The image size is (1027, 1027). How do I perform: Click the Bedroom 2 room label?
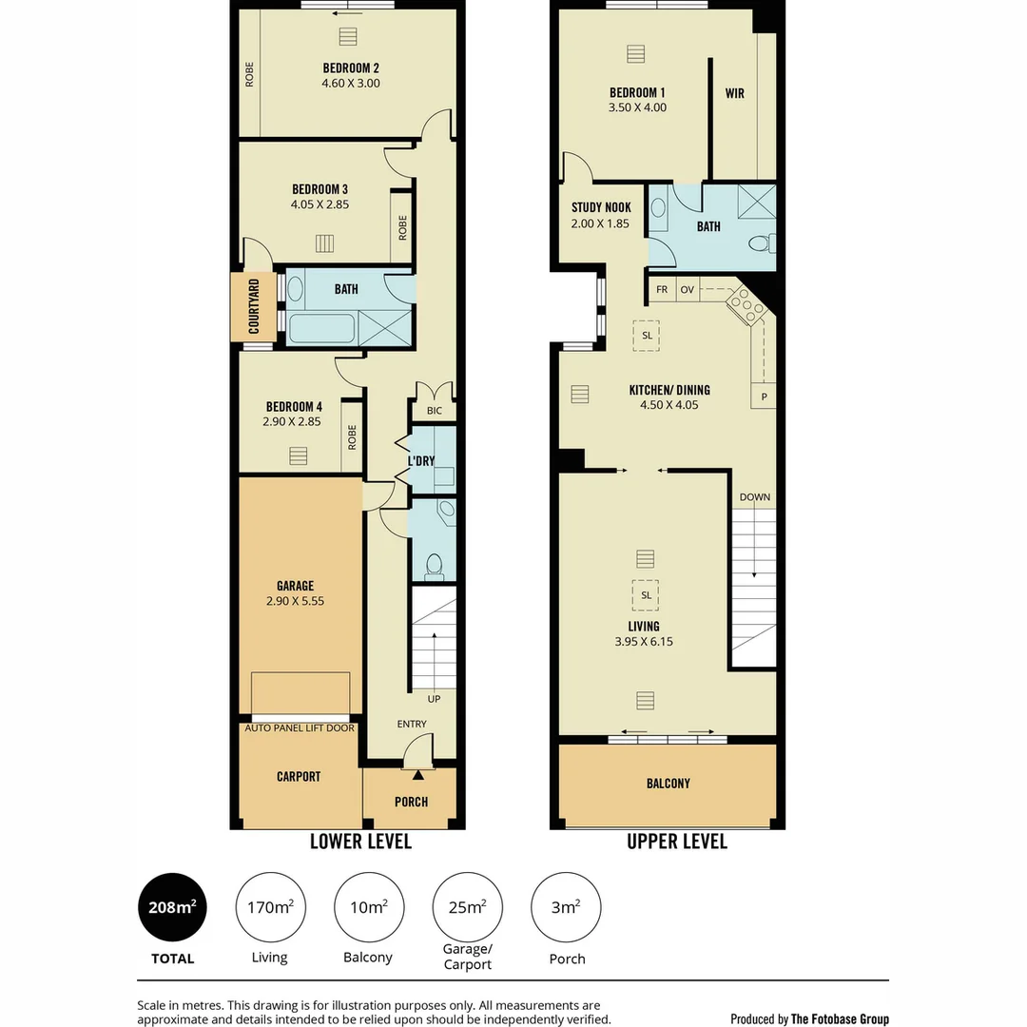(x=351, y=68)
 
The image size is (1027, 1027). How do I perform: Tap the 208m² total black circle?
(x=172, y=907)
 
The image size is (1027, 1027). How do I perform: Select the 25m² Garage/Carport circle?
(x=467, y=907)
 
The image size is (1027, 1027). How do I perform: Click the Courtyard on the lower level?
(x=254, y=307)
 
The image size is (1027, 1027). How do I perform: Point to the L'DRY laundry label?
(x=421, y=461)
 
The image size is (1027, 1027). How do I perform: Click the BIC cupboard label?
(x=435, y=411)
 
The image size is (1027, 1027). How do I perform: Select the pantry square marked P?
(x=764, y=397)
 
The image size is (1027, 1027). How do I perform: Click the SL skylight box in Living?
(x=646, y=595)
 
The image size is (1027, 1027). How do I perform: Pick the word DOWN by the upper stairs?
(x=755, y=497)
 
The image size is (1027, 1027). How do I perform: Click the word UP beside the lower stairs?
(x=434, y=699)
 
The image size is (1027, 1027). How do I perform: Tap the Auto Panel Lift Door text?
(x=300, y=728)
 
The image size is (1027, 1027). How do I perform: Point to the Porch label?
(x=411, y=802)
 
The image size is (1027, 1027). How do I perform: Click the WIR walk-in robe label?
(x=734, y=93)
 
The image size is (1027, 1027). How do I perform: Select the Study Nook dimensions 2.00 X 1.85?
(x=600, y=223)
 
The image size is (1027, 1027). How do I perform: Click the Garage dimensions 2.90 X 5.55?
(x=295, y=601)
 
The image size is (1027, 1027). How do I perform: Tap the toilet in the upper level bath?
(x=759, y=244)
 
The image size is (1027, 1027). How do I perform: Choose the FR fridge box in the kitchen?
(x=662, y=289)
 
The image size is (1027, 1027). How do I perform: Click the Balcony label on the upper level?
(x=668, y=784)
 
